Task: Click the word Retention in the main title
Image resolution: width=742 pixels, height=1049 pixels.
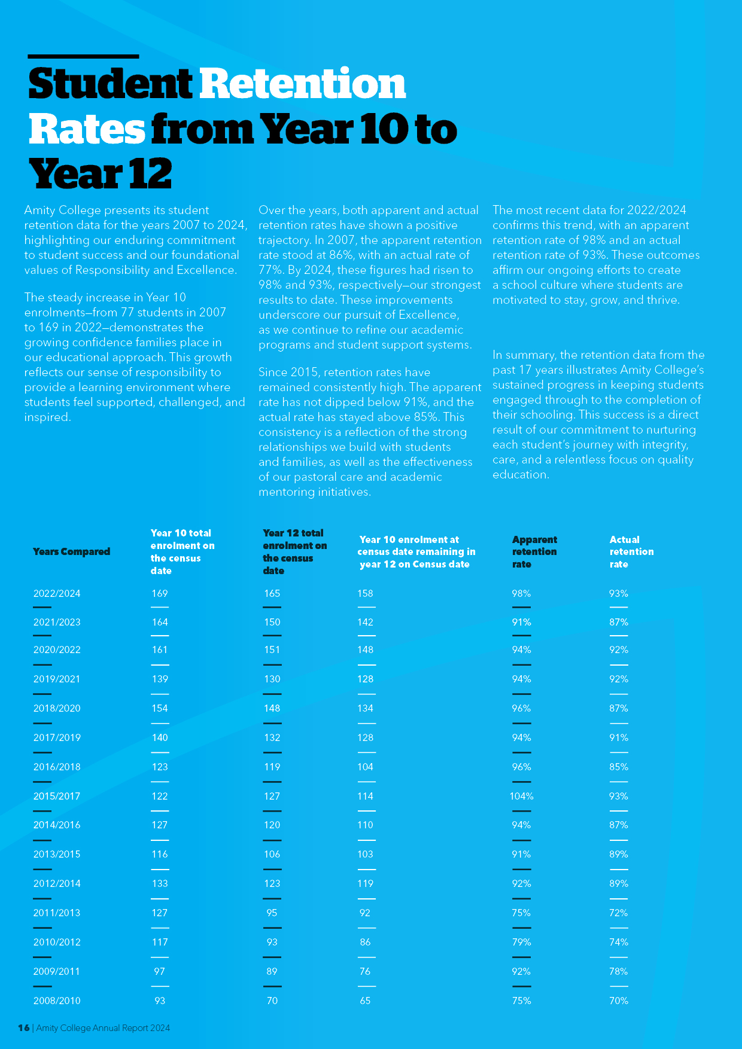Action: pyautogui.click(x=302, y=84)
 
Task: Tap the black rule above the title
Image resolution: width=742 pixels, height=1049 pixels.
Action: pyautogui.click(x=83, y=56)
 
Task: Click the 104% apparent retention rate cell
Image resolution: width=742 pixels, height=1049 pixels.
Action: pyautogui.click(x=522, y=796)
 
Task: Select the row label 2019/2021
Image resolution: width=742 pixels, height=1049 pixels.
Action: pyautogui.click(x=57, y=679)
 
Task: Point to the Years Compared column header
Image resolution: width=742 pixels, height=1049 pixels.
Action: pyautogui.click(x=72, y=551)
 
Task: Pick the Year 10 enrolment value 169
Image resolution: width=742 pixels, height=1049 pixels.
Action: pyautogui.click(x=160, y=593)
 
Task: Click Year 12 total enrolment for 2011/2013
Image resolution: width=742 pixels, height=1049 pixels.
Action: pyautogui.click(x=272, y=913)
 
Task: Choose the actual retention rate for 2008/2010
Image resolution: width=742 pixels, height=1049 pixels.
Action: pyautogui.click(x=619, y=1001)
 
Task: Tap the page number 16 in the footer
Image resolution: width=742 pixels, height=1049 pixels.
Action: pyautogui.click(x=24, y=1028)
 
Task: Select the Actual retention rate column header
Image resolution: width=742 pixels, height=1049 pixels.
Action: pyautogui.click(x=632, y=551)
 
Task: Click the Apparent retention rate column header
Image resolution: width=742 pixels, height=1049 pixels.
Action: pyautogui.click(x=534, y=551)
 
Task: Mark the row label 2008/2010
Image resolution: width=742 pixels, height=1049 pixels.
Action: pyautogui.click(x=57, y=1001)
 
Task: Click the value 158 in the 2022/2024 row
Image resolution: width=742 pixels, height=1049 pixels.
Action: pyautogui.click(x=365, y=593)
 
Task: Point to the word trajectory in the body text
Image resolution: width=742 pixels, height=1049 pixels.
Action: pyautogui.click(x=285, y=240)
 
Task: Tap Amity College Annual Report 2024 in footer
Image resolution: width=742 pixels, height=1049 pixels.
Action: pyautogui.click(x=103, y=1028)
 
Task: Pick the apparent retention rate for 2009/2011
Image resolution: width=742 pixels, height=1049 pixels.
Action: pyautogui.click(x=522, y=971)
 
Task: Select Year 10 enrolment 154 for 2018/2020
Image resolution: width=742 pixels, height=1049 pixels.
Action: pyautogui.click(x=160, y=708)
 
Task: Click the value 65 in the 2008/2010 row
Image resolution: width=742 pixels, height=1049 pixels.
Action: pyautogui.click(x=365, y=1001)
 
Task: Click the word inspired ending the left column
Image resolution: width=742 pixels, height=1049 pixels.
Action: pyautogui.click(x=47, y=417)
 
